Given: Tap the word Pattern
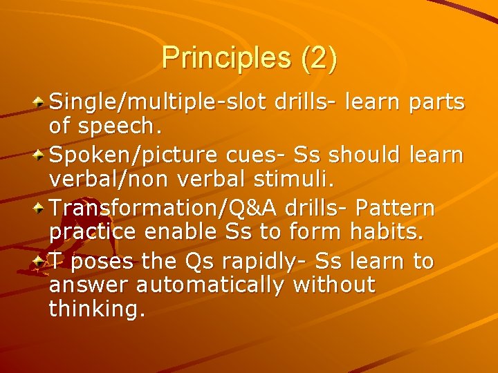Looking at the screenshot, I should (x=395, y=208).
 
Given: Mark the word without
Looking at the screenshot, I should (x=335, y=285).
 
